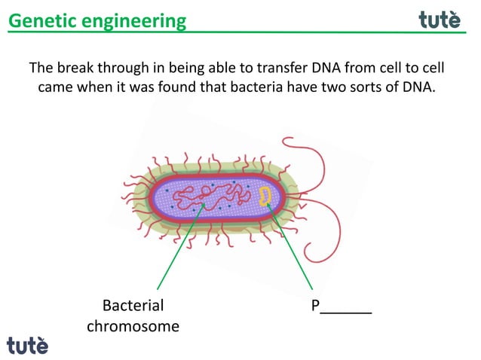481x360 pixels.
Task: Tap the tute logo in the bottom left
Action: click(27, 345)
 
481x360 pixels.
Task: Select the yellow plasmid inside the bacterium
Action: click(265, 197)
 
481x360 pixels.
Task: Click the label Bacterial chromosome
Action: click(133, 316)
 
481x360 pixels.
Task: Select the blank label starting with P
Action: click(342, 307)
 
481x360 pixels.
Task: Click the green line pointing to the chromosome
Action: click(179, 249)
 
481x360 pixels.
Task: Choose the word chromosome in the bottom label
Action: click(133, 326)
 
